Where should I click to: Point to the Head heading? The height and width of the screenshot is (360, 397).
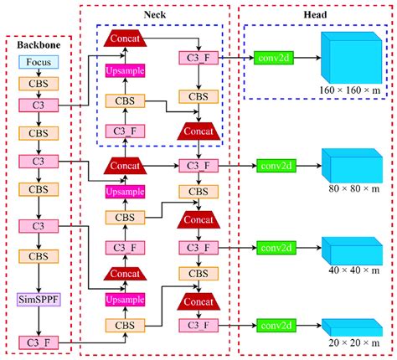[x=316, y=14]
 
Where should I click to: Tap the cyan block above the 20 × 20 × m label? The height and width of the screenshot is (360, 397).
[x=350, y=327]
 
